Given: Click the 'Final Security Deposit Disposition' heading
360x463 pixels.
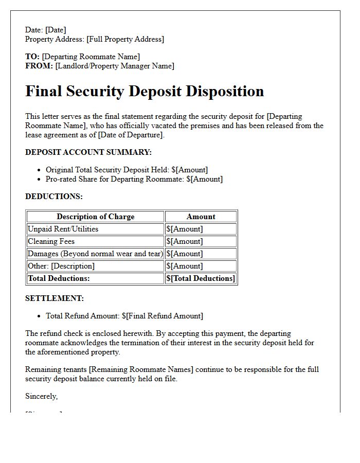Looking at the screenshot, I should click(x=145, y=91).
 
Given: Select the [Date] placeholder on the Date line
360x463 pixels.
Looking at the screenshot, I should click(x=56, y=30).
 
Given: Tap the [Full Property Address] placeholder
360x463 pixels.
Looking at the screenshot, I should click(x=125, y=39).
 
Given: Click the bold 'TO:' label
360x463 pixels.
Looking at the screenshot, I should click(x=32, y=57).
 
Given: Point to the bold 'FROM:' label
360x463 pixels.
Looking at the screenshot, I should click(x=39, y=66).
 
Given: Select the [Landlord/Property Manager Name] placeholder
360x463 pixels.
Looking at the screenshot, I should click(x=115, y=66).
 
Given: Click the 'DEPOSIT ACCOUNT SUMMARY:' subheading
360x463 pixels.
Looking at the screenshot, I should click(x=88, y=152).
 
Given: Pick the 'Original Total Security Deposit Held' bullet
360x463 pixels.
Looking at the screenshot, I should click(x=127, y=170).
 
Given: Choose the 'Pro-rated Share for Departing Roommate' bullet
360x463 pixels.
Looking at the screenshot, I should click(x=134, y=179).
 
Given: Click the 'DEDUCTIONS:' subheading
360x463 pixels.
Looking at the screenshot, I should click(x=54, y=197).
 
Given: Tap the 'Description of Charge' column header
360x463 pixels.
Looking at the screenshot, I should click(x=95, y=217).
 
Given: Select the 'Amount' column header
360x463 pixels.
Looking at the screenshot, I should click(x=201, y=217).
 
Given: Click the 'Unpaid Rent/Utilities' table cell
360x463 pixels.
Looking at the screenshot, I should click(x=63, y=229).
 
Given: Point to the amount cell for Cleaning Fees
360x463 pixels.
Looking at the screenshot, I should click(x=185, y=241).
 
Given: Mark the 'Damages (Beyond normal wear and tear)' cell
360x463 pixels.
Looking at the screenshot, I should click(x=95, y=254).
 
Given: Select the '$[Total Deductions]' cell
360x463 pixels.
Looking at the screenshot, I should click(x=201, y=278).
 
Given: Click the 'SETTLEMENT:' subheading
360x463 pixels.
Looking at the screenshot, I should click(x=55, y=298).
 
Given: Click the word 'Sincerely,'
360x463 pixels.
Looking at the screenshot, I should click(x=42, y=396).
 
